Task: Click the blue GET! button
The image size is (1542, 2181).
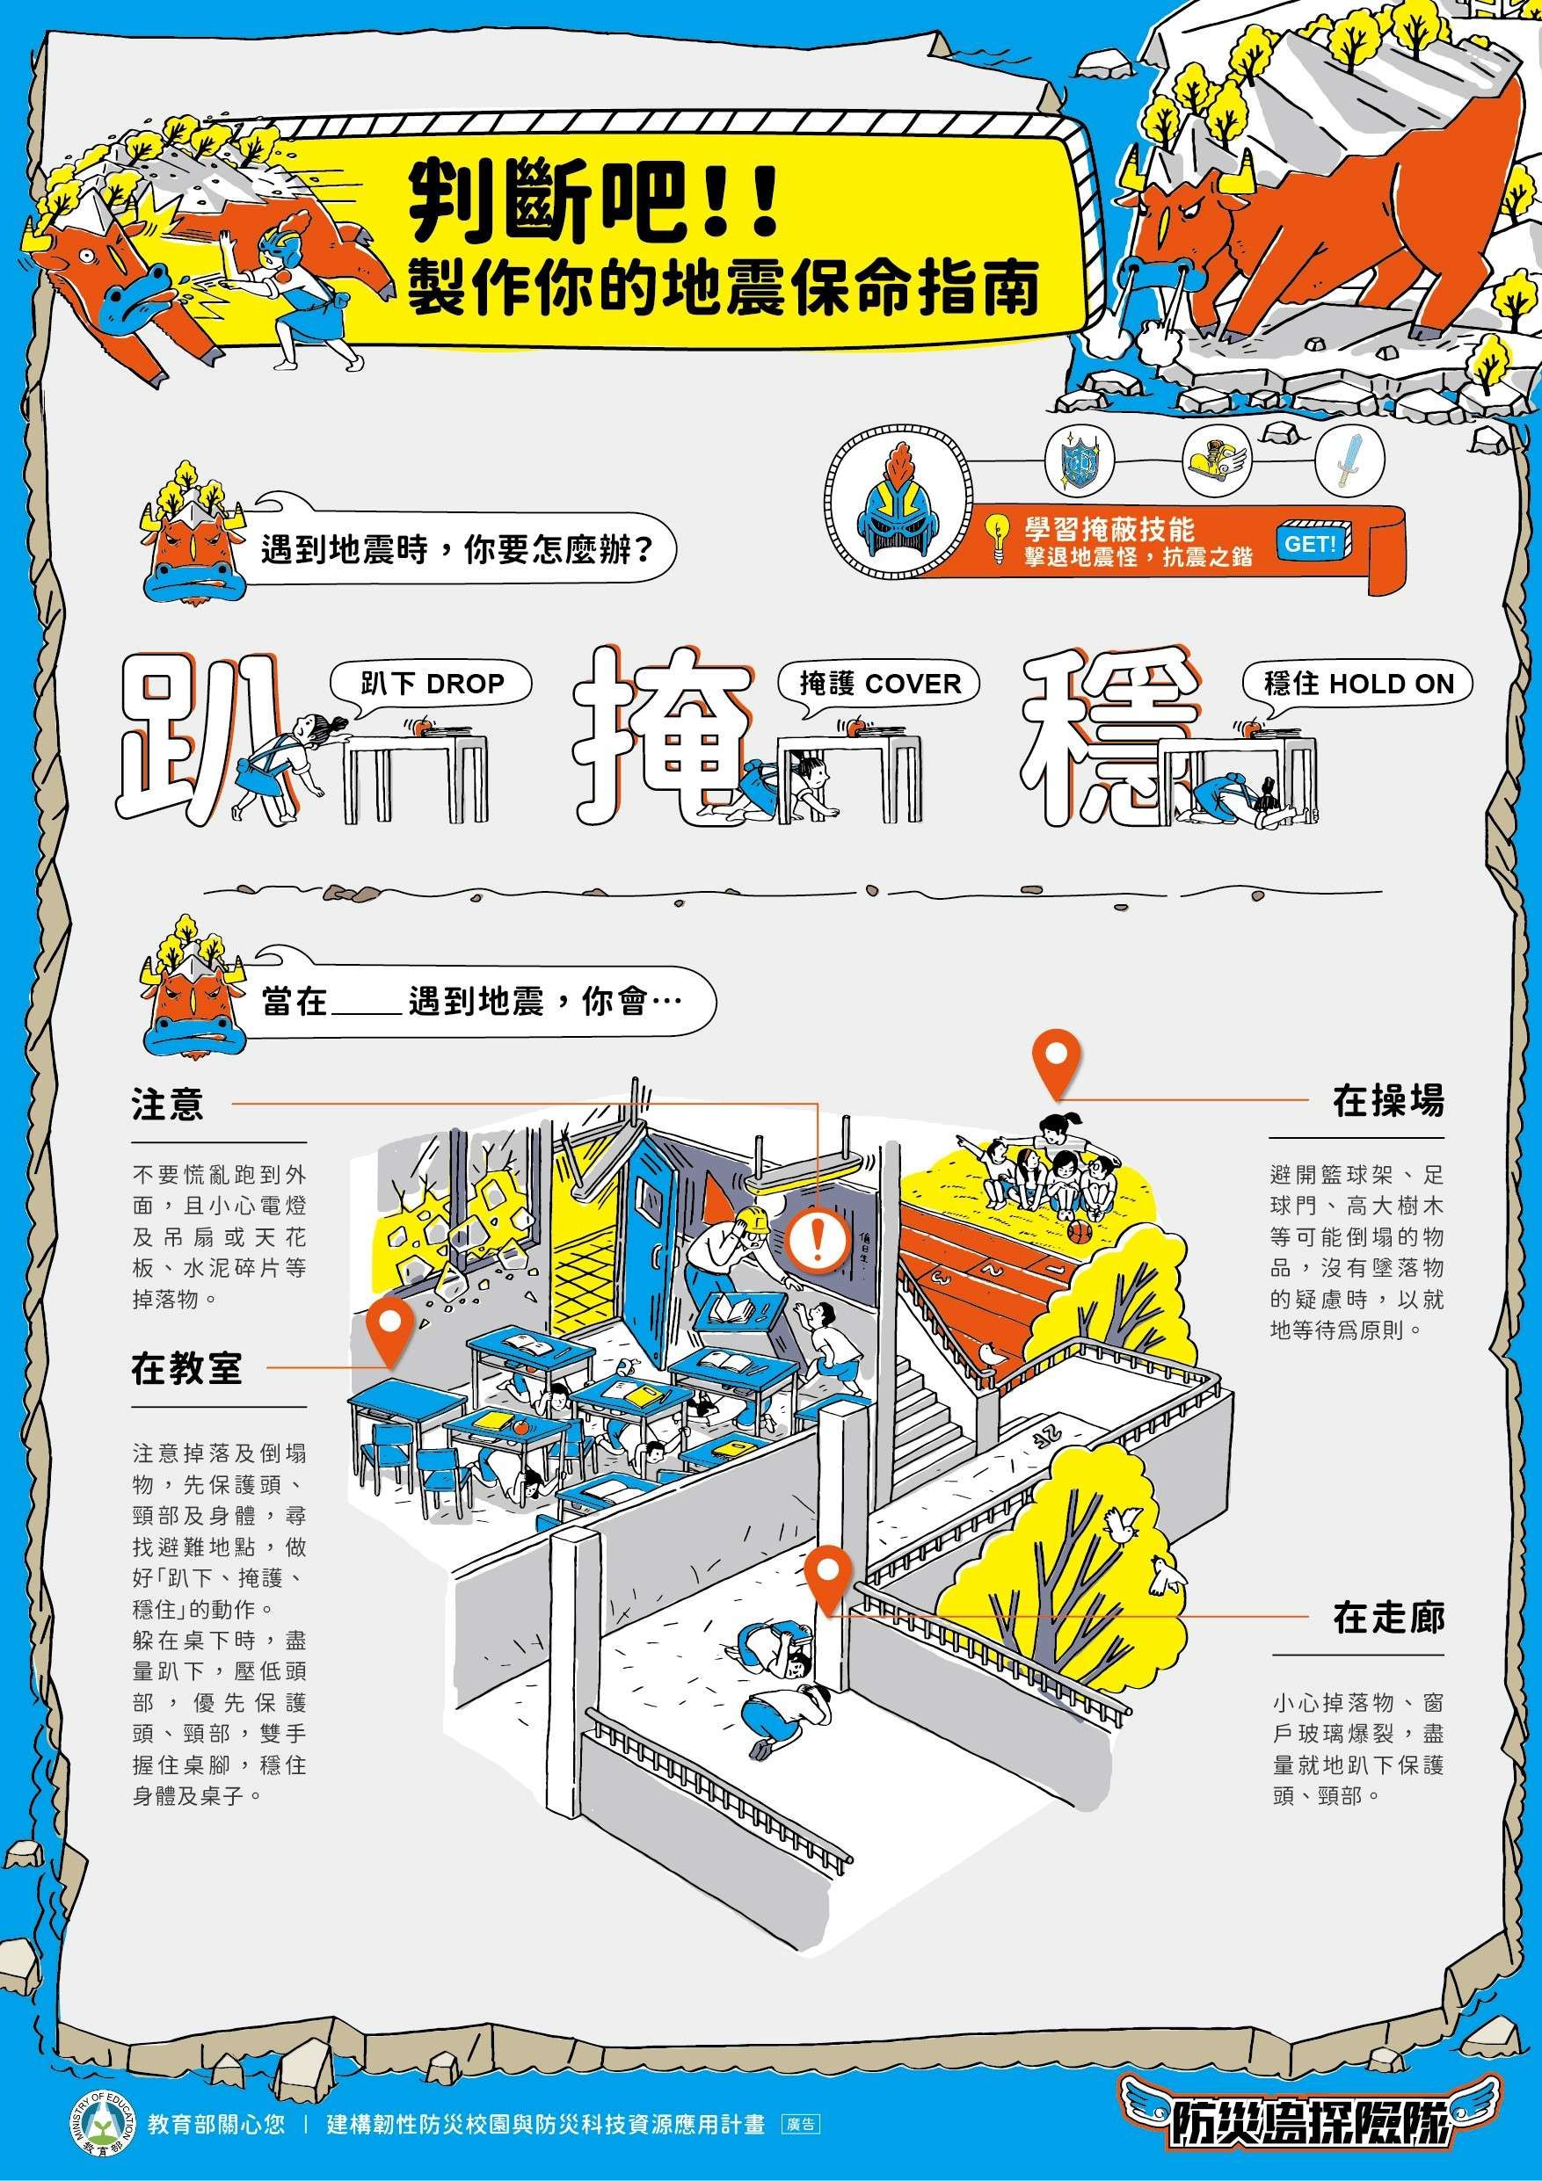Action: coord(1312,543)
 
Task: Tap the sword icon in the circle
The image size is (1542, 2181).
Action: coord(1347,460)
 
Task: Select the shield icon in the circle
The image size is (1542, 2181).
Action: coord(1079,460)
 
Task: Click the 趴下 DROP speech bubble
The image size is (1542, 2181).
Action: coord(432,683)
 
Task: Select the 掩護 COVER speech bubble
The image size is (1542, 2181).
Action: coord(879,683)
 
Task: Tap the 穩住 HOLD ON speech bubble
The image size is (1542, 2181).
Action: coord(1357,683)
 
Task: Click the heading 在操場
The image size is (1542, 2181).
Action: coord(1387,1101)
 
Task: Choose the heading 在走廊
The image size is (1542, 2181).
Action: coord(1387,1617)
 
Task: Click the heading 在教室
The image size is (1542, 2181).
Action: coord(186,1369)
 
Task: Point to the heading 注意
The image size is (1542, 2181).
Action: coord(167,1105)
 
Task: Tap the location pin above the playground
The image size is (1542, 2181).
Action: coord(1057,1062)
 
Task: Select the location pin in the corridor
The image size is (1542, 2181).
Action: coord(827,1576)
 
